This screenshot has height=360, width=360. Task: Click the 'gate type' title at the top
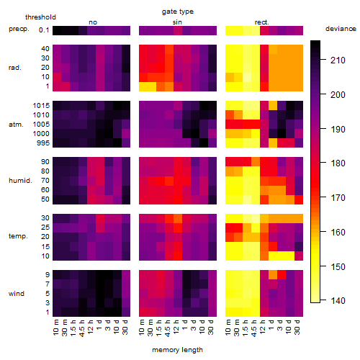[178, 12]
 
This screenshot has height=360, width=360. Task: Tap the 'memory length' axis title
[177, 350]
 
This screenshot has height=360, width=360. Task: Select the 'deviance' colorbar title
[341, 29]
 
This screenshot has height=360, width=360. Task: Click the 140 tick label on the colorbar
[338, 300]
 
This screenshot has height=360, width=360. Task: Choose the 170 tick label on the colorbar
[338, 198]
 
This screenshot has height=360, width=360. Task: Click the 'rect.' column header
[262, 22]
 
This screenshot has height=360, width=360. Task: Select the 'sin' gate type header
[177, 22]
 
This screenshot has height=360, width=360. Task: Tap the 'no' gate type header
[93, 22]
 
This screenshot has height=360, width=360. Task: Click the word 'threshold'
[40, 17]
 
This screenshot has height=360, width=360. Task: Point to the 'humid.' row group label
[20, 181]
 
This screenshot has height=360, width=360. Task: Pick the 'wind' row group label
[17, 294]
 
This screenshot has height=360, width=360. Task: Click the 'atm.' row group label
[16, 125]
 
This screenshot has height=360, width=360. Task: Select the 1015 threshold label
[41, 106]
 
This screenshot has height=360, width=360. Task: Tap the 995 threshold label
[43, 143]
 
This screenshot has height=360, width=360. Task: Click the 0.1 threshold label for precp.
[44, 30]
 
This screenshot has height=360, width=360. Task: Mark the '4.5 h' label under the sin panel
[168, 328]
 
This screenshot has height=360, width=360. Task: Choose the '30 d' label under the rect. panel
[297, 327]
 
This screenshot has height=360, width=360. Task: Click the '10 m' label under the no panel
[55, 327]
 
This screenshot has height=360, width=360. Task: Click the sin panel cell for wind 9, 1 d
[186, 274]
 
